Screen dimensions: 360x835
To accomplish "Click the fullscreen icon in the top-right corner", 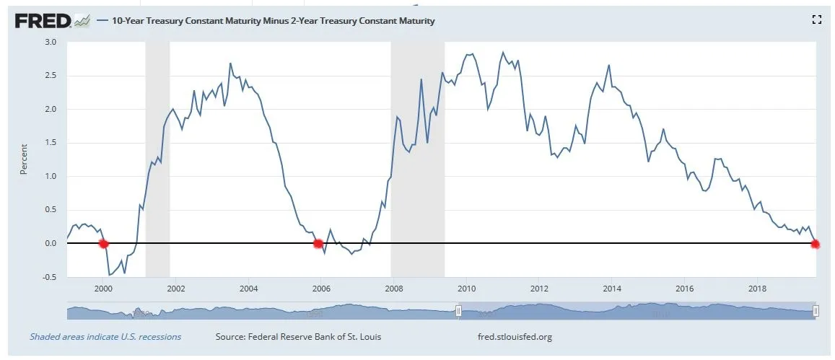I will coord(817,20).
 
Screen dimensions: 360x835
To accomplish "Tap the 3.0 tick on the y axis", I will coord(51,42).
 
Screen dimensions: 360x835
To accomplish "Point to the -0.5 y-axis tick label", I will coord(49,277).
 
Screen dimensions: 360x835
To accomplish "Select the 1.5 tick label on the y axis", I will coord(51,143).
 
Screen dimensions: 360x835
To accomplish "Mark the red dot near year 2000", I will coord(103,243).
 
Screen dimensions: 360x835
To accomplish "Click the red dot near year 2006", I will coord(318,243).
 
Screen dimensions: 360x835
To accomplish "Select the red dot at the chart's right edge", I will coord(816,244).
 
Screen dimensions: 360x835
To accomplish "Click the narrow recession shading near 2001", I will coord(157,159).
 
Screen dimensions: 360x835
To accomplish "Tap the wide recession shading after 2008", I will coord(417,159).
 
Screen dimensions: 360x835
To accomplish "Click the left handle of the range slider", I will coord(458,310).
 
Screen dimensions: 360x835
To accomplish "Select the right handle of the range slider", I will coord(816,310).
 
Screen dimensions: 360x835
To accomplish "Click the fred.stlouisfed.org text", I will coord(515,337).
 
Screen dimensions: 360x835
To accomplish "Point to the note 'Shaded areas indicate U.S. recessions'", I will coord(105,337).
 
